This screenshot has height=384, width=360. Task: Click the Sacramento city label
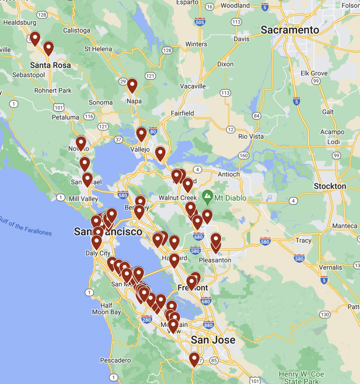(x=290, y=30)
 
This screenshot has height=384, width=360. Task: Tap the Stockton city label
(x=330, y=186)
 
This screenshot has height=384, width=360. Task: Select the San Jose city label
(x=213, y=340)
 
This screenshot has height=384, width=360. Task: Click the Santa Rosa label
(x=50, y=65)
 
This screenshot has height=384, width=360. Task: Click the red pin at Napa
(x=132, y=85)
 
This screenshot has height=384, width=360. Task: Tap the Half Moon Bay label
(x=106, y=309)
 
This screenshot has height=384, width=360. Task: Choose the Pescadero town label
(x=115, y=360)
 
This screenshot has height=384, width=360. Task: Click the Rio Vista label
(x=251, y=136)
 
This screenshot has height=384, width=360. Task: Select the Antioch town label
(x=229, y=174)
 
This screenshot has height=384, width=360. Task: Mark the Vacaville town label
(x=193, y=86)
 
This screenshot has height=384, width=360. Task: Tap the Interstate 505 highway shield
(x=200, y=22)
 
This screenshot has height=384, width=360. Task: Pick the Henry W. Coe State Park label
(x=301, y=378)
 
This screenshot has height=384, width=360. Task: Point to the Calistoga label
(x=76, y=30)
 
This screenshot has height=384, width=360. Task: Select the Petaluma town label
(x=66, y=117)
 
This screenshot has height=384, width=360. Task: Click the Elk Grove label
(x=314, y=73)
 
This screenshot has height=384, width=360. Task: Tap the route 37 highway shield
(x=118, y=139)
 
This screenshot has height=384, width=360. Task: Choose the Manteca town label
(x=345, y=226)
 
